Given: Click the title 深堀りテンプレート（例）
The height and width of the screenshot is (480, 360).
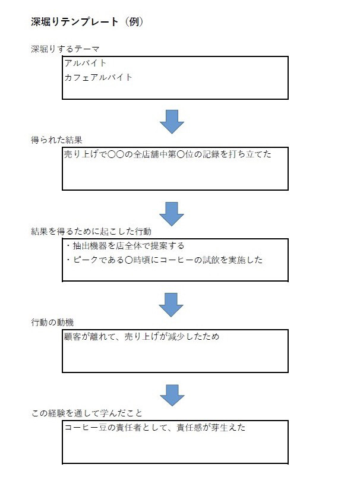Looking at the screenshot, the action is point(87,22).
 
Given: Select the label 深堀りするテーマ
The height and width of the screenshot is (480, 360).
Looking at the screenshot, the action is point(65,49).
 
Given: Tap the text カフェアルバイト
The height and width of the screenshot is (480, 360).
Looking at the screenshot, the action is point(98,77).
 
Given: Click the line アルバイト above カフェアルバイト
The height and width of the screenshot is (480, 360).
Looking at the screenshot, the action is point(86,63).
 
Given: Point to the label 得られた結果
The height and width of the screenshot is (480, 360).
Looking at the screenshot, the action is point(56,140).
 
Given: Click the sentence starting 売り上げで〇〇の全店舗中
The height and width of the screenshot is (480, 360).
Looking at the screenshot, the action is point(168,154).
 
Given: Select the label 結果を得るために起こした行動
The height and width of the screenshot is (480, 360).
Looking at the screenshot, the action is point(91,231).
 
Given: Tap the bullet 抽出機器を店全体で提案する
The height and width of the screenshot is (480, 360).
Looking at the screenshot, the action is point(125,245).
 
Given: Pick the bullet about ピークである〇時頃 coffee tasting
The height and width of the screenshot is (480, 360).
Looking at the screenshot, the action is point(165,260).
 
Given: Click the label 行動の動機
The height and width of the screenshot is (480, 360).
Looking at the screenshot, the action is point(52,322).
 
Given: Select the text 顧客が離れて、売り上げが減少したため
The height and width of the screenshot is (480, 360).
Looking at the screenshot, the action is point(141,336).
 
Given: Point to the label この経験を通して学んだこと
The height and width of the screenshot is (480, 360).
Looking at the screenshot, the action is point(87,413).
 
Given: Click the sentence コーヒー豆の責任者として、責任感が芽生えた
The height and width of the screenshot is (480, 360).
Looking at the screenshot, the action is point(155,427).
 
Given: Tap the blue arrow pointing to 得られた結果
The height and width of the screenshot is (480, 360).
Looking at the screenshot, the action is point(172,122).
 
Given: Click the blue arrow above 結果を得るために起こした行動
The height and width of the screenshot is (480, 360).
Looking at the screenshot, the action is point(172,214).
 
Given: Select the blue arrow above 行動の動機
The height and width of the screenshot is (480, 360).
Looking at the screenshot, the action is point(171,305).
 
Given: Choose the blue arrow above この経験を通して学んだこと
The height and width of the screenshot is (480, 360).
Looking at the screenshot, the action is point(172,396).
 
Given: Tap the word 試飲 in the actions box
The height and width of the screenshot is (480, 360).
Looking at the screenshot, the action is point(211,260).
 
